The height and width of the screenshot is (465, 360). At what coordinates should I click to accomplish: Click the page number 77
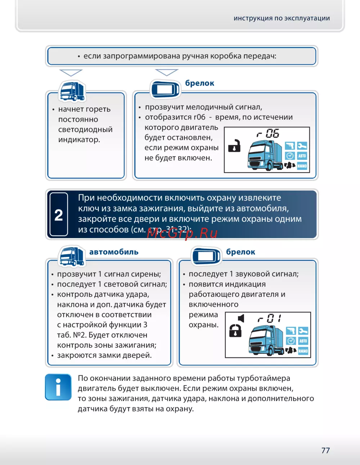coord(325,450)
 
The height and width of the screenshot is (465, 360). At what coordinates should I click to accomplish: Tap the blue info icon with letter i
coord(58,387)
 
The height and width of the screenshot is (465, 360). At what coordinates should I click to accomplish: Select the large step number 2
coord(59,215)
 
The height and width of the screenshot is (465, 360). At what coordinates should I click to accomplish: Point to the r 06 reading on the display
coord(268,134)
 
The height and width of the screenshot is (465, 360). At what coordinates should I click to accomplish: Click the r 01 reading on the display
coord(269,319)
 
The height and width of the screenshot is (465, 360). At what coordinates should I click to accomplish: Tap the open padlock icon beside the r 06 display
coord(234,145)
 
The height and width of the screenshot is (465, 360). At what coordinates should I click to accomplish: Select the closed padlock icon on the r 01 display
coord(235,330)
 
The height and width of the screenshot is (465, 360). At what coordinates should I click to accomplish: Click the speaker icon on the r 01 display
coord(241,318)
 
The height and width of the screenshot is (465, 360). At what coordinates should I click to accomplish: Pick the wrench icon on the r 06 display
coord(302,146)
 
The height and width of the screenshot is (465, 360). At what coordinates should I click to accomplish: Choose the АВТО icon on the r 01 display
coord(303,340)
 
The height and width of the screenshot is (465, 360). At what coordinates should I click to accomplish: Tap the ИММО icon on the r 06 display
coord(302,166)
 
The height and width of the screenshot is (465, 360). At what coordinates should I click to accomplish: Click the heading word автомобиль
coord(114,252)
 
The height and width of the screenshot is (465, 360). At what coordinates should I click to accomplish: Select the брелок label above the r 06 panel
coord(199,83)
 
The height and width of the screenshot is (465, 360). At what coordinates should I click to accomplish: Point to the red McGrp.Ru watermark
coord(182,233)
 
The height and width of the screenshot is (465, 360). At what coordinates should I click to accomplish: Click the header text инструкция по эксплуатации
coord(282,18)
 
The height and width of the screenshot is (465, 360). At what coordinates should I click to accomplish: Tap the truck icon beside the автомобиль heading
coord(72,256)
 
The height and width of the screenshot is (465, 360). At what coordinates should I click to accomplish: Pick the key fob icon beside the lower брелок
coord(206,256)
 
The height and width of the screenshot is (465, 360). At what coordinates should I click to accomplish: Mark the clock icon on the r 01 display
coord(291,340)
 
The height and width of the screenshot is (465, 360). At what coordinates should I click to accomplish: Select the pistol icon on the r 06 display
coord(289,146)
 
